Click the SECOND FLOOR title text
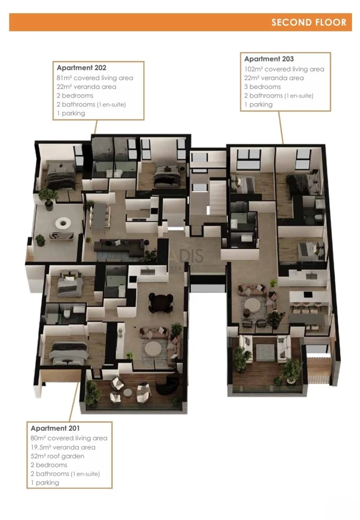308,22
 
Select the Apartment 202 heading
82,68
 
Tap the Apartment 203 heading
269,59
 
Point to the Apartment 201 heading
55,428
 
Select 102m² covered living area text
284,69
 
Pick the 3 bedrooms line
262,87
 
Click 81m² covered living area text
95,78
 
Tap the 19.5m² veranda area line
63,447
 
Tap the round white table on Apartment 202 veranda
62,223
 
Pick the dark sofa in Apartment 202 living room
123,245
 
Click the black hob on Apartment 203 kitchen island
308,295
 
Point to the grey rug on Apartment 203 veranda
265,352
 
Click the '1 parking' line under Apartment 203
258,104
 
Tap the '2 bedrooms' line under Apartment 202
75,96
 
